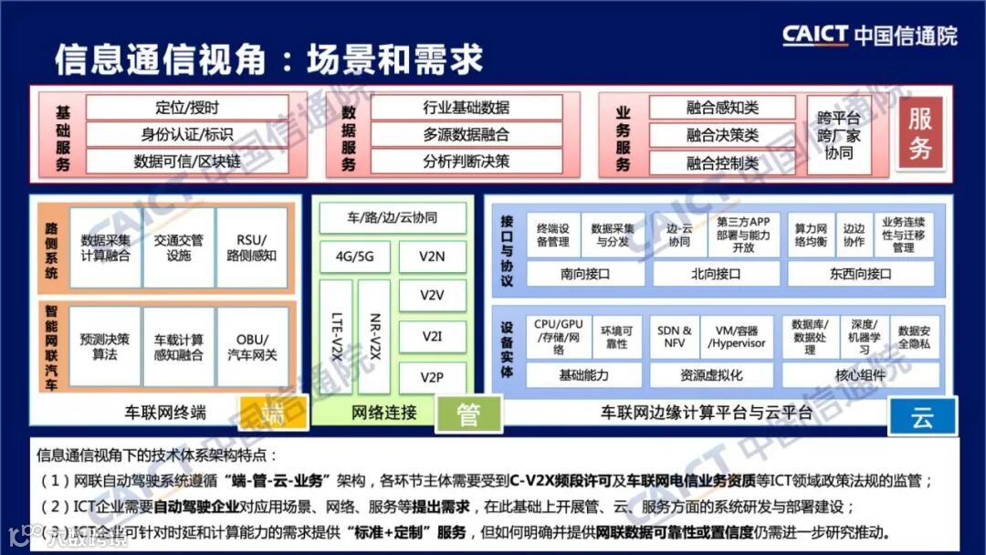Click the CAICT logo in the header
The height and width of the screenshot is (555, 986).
869,35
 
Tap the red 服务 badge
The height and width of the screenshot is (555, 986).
919,134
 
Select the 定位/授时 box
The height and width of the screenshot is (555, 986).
187,108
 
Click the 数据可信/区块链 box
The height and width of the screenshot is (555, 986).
187,162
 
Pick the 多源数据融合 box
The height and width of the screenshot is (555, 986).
466,134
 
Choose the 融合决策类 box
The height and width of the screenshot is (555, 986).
722,135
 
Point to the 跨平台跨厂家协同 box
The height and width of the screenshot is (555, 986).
838,135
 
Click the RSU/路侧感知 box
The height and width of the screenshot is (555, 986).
252,247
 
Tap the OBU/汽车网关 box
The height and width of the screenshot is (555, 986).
252,346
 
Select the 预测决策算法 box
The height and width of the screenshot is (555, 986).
105,346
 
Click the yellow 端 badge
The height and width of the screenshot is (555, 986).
273,414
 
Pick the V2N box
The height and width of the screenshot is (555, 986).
432,257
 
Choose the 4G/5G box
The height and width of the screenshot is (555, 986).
354,257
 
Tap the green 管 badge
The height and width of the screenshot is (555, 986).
468,414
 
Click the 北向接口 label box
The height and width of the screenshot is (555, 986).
716,273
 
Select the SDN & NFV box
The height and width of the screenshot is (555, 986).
675,337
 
